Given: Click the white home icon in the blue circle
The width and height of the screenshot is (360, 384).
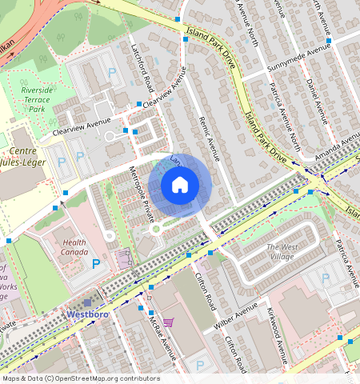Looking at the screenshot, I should click(180, 186).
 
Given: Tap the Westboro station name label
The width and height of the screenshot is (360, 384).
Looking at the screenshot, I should click(87, 315).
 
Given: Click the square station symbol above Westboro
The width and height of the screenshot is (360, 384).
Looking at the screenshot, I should click(87, 303).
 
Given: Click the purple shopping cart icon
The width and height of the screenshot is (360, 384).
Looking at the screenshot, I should click(168, 322).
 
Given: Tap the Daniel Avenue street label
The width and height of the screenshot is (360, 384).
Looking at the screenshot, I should click(314, 99).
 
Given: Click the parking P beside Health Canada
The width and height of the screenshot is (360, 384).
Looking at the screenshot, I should click(97, 263).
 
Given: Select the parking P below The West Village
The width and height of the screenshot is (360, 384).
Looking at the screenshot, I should click(325, 278).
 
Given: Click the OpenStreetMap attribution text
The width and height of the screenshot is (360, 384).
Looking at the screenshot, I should click(80, 378).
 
